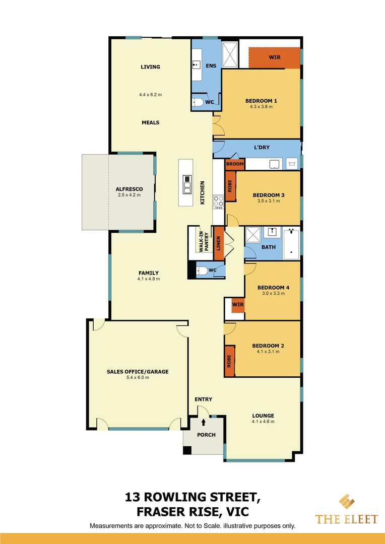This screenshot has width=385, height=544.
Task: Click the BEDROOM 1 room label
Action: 261,101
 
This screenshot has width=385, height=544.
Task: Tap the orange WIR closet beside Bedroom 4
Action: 238,305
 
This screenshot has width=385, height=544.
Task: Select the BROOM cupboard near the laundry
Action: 235,164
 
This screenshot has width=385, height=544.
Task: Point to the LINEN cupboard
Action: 219,243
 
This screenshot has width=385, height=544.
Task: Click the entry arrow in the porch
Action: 204,423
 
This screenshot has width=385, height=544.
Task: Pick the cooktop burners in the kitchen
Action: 219,202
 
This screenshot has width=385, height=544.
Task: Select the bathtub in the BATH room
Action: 291,244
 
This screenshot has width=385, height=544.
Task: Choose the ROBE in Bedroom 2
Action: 230,361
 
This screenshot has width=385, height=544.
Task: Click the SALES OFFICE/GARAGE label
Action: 138,372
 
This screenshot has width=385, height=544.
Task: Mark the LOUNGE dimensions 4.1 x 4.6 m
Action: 263,422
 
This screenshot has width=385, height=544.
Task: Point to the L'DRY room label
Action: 262,147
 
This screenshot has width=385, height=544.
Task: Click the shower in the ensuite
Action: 230,54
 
